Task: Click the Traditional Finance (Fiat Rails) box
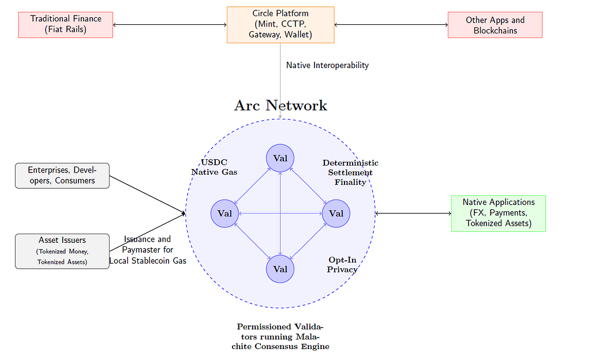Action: pyautogui.click(x=66, y=25)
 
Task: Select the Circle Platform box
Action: pyautogui.click(x=280, y=25)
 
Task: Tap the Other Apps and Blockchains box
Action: pyautogui.click(x=495, y=25)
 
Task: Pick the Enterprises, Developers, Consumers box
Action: pyautogui.click(x=62, y=175)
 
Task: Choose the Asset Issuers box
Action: pyautogui.click(x=62, y=251)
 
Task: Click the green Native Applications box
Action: pyautogui.click(x=498, y=213)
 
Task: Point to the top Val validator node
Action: pyautogui.click(x=280, y=158)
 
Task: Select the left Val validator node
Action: pyautogui.click(x=225, y=213)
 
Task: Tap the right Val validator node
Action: pyautogui.click(x=336, y=213)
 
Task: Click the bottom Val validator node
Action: pyautogui.click(x=280, y=269)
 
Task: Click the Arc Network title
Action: pyautogui.click(x=280, y=106)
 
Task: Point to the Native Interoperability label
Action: pyautogui.click(x=327, y=65)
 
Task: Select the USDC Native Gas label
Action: pyautogui.click(x=214, y=167)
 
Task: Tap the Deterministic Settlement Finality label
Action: pyautogui.click(x=350, y=172)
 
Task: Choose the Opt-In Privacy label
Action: pyautogui.click(x=342, y=264)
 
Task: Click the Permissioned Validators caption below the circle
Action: pyautogui.click(x=280, y=336)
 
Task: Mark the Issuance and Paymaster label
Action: pyautogui.click(x=147, y=250)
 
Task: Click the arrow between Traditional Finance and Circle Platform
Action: pyautogui.click(x=170, y=25)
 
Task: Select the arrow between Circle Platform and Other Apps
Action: pyautogui.click(x=391, y=25)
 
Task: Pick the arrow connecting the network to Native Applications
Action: pyautogui.click(x=413, y=213)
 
